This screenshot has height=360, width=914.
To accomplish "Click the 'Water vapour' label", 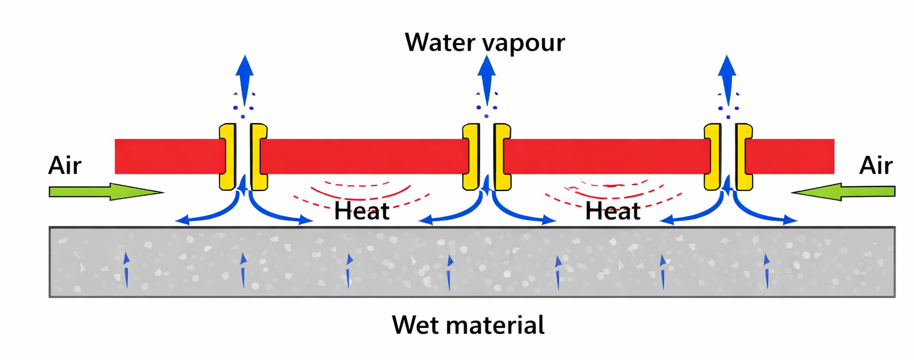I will click(484, 43).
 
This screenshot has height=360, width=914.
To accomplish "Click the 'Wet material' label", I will click(468, 325).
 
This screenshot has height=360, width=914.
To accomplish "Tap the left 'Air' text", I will click(64, 166).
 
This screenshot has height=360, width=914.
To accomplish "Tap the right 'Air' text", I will click(875, 166).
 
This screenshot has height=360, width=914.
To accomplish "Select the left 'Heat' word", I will click(362, 211).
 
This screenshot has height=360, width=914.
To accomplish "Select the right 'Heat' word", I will click(613, 211).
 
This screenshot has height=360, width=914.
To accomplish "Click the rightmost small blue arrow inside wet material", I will click(767, 271).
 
